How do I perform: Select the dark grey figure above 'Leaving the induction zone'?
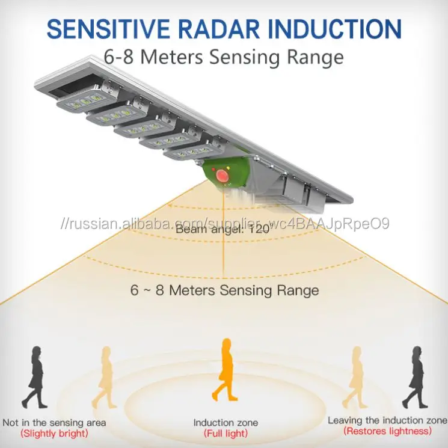click(415, 376)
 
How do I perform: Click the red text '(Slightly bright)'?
click(54, 433)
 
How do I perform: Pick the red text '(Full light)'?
click(226, 434)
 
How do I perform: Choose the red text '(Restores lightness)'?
click(387, 431)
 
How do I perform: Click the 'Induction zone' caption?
click(226, 423)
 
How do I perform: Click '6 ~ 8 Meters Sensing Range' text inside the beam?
click(224, 290)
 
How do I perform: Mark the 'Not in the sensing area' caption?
click(54, 423)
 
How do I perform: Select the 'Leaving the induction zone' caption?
click(387, 420)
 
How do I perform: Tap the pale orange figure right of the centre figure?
click(355, 376)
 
